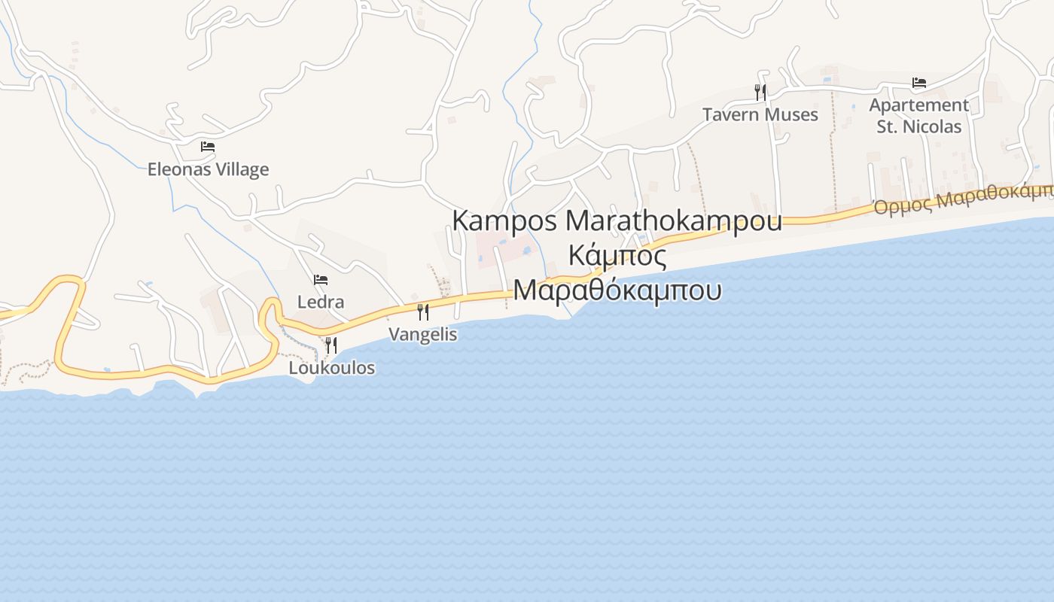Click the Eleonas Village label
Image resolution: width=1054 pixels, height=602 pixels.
208,169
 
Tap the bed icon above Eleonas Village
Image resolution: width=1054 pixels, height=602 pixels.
208,146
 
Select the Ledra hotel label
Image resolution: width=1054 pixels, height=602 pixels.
321,302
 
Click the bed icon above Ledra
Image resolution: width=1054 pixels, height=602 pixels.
321,279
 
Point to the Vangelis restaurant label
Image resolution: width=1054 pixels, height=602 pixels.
422,333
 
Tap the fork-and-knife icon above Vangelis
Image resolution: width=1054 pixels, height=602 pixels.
423,312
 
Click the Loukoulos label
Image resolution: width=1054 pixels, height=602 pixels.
332,368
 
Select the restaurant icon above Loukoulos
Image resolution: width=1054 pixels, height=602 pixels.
331,345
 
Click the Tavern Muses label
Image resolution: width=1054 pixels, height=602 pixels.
760,114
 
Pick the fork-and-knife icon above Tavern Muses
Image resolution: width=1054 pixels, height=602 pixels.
760,92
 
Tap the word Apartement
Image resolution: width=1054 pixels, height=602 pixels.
918,105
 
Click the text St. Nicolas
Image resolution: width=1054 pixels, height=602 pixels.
918,126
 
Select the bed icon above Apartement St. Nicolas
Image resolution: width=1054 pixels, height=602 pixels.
918,82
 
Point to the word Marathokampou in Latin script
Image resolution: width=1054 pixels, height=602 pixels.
673,221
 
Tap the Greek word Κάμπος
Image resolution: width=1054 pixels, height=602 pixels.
617,256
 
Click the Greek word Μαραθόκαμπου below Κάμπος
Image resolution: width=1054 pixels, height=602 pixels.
617,290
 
